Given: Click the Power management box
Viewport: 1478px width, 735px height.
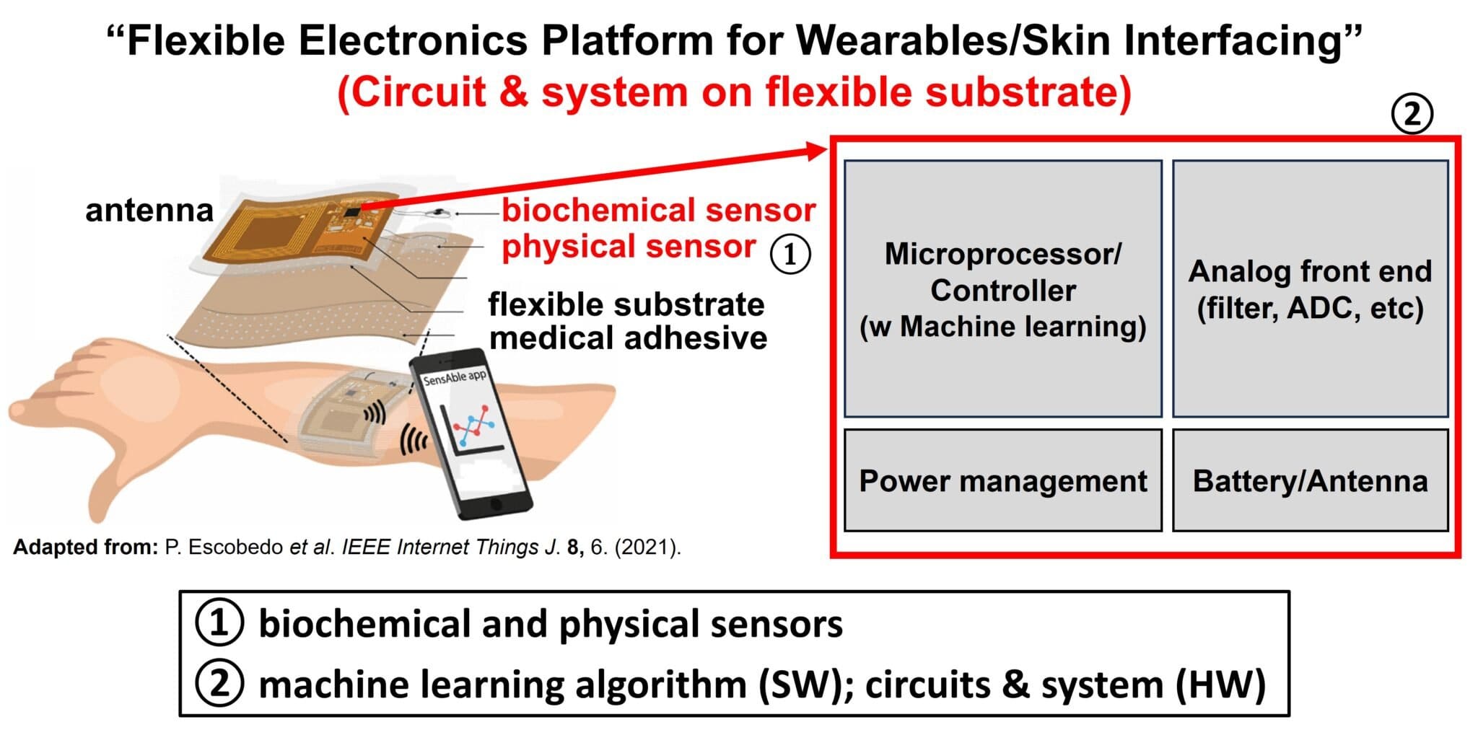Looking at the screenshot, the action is (x=1003, y=480).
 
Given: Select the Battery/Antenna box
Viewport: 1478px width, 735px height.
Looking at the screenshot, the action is (x=1311, y=480).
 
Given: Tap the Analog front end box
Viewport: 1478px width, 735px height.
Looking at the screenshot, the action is (x=1311, y=289).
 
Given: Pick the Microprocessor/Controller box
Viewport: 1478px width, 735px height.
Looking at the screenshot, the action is (x=1003, y=289).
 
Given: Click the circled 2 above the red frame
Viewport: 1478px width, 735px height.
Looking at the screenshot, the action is (x=1412, y=115).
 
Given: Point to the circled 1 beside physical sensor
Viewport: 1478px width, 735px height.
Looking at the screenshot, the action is (x=790, y=254).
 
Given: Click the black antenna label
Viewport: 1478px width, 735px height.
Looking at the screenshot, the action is (x=149, y=211).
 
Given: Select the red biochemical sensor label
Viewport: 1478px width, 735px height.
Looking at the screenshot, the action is (x=659, y=211).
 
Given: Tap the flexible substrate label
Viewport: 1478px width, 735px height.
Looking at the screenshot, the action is (x=626, y=304).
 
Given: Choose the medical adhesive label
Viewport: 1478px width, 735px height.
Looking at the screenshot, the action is (x=629, y=338).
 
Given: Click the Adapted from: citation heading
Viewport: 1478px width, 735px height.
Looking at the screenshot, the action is (x=85, y=547).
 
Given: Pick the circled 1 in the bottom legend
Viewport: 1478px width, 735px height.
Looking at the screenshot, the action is (x=219, y=624).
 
